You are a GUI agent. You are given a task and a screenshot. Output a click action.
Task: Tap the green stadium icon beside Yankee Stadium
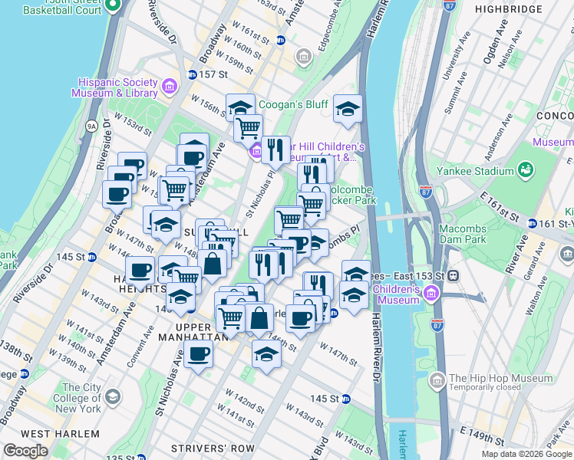click(526, 169)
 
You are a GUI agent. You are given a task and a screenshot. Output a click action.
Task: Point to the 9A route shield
click(92, 125)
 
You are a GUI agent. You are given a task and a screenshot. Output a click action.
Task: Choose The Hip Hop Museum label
click(500, 378)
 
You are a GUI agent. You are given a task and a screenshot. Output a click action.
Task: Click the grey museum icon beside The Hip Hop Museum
click(437, 379)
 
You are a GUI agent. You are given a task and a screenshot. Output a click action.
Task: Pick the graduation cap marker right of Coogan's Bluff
click(348, 110)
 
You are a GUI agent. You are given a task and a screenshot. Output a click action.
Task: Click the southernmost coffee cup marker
click(199, 354)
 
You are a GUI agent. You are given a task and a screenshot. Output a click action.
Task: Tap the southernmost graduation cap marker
click(266, 354)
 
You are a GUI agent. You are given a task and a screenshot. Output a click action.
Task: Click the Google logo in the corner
click(25, 451)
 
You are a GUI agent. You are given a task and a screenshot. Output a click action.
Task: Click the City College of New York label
click(81, 399)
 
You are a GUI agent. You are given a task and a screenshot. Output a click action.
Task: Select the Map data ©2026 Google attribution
click(526, 454)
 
